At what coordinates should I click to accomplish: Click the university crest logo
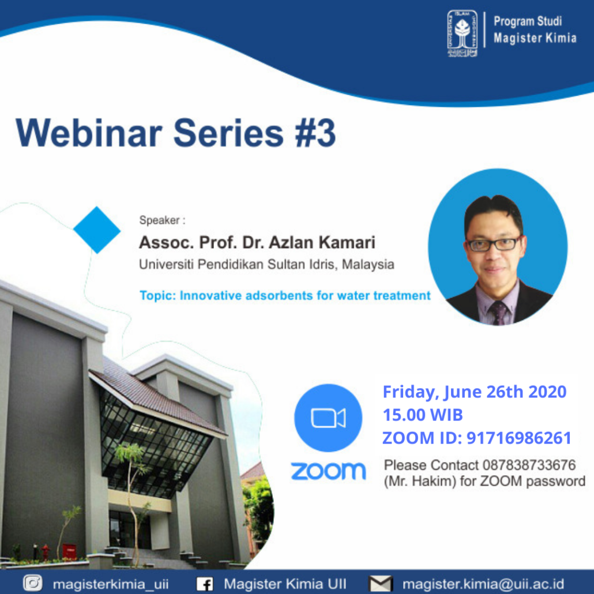tap(462, 33)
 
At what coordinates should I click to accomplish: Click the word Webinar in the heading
tap(89, 133)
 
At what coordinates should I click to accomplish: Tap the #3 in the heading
tap(315, 133)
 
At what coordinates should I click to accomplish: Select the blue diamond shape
tap(97, 230)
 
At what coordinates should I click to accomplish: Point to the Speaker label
tap(162, 220)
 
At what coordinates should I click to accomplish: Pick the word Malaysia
tap(368, 265)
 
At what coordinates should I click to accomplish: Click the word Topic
tap(157, 295)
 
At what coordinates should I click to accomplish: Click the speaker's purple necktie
tap(498, 313)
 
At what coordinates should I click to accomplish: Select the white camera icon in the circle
tap(328, 418)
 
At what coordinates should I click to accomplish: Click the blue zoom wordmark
tap(328, 471)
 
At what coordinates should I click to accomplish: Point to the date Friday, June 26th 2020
tap(474, 392)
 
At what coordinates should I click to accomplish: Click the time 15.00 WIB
tap(423, 415)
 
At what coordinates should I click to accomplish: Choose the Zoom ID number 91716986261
tap(518, 438)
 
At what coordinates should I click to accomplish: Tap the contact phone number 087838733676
tap(529, 465)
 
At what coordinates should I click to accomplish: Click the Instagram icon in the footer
tap(32, 582)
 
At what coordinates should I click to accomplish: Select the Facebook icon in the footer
tap(205, 584)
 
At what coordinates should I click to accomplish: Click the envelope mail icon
tap(381, 584)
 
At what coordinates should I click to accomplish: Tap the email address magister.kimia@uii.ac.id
tap(483, 584)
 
